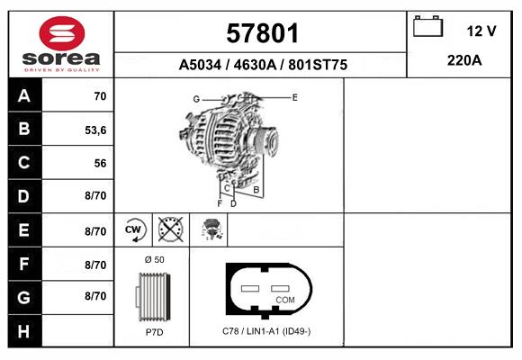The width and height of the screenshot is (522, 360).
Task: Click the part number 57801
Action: pos(261,35)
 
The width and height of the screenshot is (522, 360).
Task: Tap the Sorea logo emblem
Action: pos(61,33)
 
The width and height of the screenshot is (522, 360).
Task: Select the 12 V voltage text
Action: pos(481,31)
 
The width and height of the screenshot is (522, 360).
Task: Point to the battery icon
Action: pos(426,27)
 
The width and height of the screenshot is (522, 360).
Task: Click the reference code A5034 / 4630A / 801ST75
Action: pos(263,65)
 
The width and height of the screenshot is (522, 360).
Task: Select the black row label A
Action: pos(23,96)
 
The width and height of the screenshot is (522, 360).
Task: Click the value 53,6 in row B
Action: pos(95,130)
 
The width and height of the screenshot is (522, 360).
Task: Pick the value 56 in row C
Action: pos(100,164)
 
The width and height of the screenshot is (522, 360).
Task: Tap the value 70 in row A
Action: pos(100,96)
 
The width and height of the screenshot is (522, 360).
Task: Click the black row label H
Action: pos(23,331)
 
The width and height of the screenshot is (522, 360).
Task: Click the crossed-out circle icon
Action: pos(169,230)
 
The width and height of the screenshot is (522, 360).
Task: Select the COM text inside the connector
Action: pos(284,299)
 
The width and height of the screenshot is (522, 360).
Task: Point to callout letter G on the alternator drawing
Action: pos(195,98)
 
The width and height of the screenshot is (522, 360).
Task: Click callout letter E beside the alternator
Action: pos(294,95)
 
